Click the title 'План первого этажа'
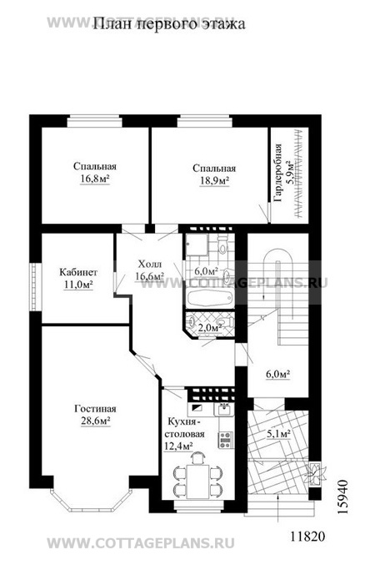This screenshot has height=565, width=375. click(169, 24)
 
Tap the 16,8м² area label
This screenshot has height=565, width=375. click(95, 179)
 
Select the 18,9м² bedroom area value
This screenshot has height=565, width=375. click(214, 180)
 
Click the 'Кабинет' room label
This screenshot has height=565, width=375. click(78, 272)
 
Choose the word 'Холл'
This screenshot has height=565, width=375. click(150, 264)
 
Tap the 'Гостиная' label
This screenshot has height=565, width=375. click(95, 409)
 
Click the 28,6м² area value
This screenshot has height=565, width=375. click(95, 421)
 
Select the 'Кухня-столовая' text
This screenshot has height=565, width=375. click(186, 427)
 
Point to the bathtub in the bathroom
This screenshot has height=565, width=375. click(209, 298)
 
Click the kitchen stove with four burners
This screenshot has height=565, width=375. click(226, 440)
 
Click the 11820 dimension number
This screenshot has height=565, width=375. click(307, 536)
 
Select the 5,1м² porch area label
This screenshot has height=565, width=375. click(278, 434)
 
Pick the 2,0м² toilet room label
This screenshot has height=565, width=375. click(210, 327)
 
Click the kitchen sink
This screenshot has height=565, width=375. click(224, 409)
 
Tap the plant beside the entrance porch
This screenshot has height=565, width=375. click(315, 473)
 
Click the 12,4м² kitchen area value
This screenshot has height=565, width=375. click(177, 446)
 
